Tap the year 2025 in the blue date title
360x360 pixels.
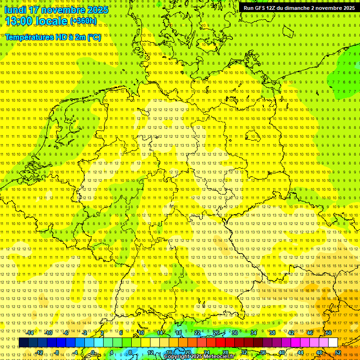pyautogui.click(x=98, y=9)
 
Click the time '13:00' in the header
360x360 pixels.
pyautogui.click(x=22, y=21)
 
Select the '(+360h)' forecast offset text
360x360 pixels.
pyautogui.click(x=83, y=21)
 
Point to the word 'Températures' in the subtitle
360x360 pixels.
pyautogui.click(x=28, y=37)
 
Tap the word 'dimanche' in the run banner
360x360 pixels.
pyautogui.click(x=298, y=8)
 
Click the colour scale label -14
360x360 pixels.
pyautogui.click(x=30, y=333)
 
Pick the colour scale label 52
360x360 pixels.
pyautogui.click(x=338, y=352)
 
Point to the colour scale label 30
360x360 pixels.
pyautogui.click(x=235, y=333)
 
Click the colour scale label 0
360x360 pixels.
pyautogui.click(x=93, y=352)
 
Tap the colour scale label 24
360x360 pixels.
pyautogui.click(x=207, y=352)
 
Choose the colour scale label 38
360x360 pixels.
pyautogui.click(x=272, y=333)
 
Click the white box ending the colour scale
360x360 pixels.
pyautogui.click(x=333, y=343)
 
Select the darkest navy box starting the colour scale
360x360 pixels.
pyautogui.click(x=23, y=343)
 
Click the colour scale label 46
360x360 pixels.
pyautogui.click(x=310, y=333)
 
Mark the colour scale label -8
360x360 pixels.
pyautogui.click(x=56, y=352)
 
